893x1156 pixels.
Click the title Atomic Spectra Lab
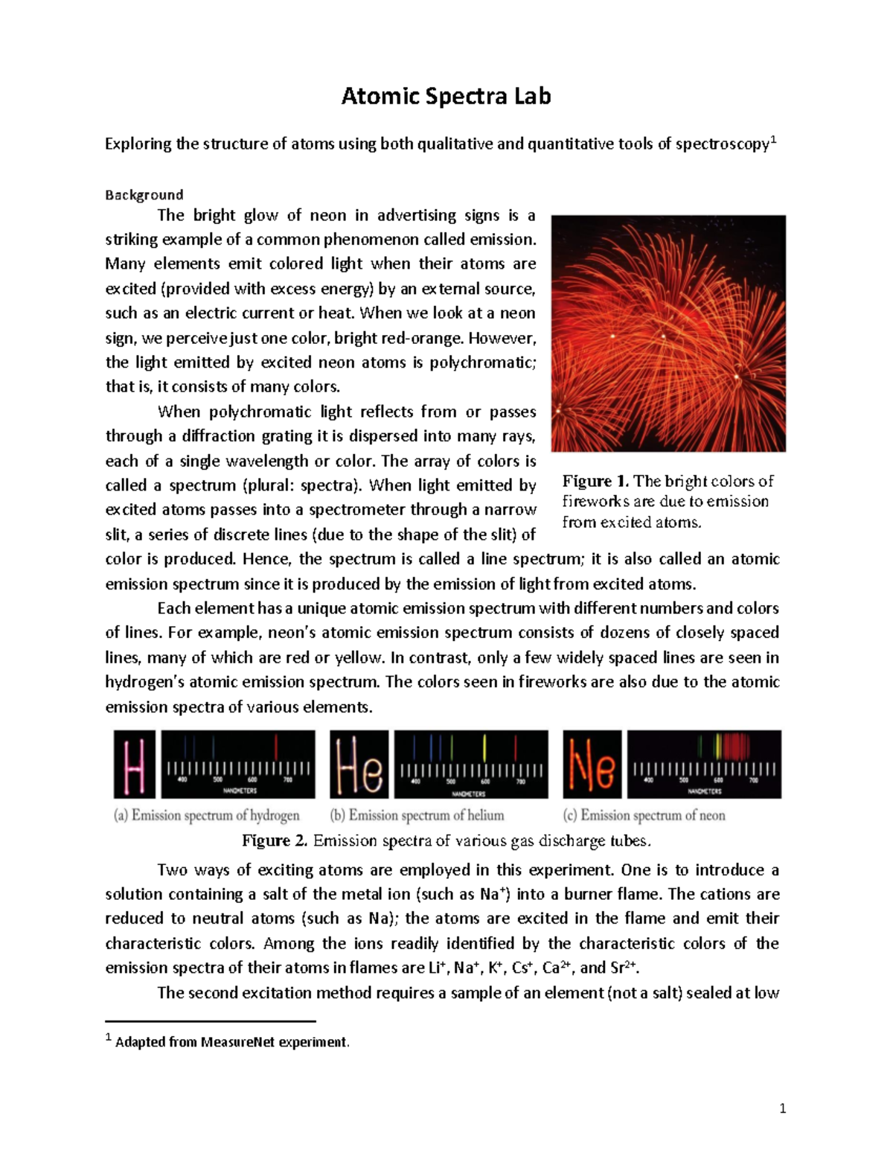[446, 96]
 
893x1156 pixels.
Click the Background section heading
[144, 195]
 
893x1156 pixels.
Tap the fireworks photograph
[668, 333]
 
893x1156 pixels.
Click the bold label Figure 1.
[595, 481]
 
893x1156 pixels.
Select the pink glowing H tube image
[134, 764]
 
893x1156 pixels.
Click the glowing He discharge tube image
[359, 764]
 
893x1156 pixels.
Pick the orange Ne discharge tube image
[592, 764]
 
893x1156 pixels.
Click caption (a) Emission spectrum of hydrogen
[207, 816]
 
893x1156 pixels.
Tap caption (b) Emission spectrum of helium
[417, 816]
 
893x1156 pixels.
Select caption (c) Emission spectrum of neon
[644, 816]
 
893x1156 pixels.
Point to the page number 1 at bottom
[782, 1109]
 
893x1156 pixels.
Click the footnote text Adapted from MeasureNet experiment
[231, 1042]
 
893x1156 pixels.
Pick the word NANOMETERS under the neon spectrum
[704, 791]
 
